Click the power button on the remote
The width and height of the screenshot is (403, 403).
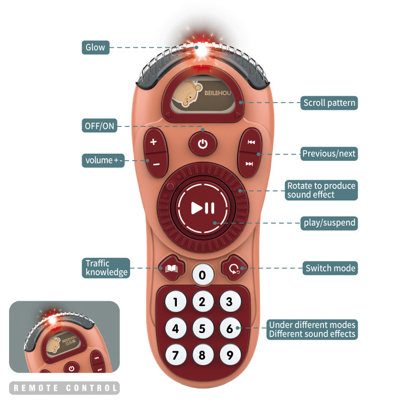203,145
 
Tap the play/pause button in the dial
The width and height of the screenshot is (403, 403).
203,208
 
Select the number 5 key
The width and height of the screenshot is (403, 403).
203,329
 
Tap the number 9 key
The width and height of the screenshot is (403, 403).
230,355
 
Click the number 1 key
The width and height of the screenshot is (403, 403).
175,302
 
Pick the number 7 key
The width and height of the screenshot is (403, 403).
175,355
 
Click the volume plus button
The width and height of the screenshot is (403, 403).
154,142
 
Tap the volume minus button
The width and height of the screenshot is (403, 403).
156,164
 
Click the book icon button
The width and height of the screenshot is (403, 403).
172,267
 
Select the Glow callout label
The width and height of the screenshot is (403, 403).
95,48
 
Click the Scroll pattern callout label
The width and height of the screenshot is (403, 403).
329,103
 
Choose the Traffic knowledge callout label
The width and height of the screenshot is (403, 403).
106,268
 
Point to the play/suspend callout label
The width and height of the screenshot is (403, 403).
329,223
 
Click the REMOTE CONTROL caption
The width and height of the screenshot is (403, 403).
64,388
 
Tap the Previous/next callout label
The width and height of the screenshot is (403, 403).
329,154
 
